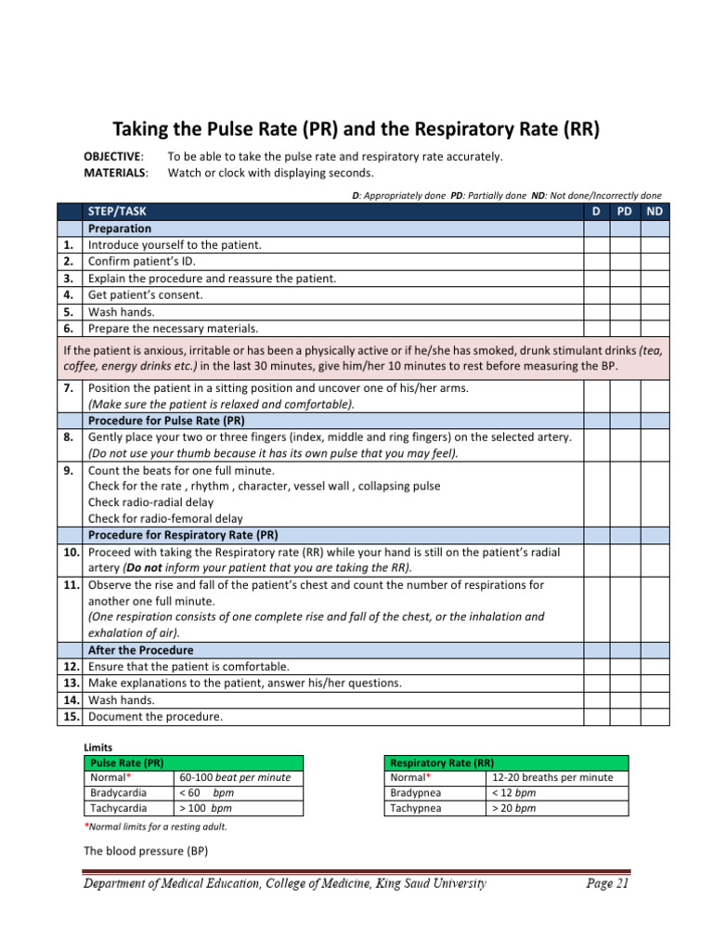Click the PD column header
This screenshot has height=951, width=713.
[625, 212]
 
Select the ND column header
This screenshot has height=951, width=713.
[655, 212]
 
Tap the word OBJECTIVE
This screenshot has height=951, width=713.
[113, 156]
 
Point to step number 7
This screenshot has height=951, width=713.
[69, 387]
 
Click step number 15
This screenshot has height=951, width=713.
[69, 716]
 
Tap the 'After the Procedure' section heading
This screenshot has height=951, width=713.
[140, 650]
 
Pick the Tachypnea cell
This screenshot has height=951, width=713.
[417, 808]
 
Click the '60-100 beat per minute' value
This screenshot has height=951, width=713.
[235, 777]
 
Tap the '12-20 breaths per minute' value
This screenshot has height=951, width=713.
[552, 777]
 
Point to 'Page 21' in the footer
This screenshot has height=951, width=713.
[607, 884]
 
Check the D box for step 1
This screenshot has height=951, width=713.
[596, 244]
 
